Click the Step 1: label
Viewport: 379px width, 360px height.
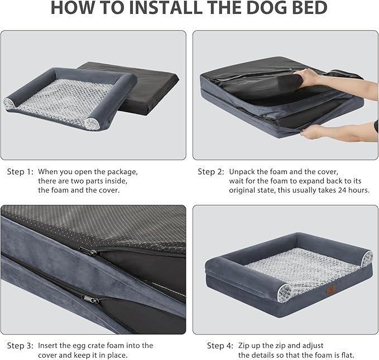(x=20, y=172)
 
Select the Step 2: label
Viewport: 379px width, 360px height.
(x=211, y=172)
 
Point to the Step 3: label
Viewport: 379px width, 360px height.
(x=20, y=345)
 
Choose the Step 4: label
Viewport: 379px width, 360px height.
(x=220, y=345)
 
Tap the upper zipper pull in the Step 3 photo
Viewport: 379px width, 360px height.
(x=88, y=252)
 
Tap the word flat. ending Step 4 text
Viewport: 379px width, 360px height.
(x=347, y=355)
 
